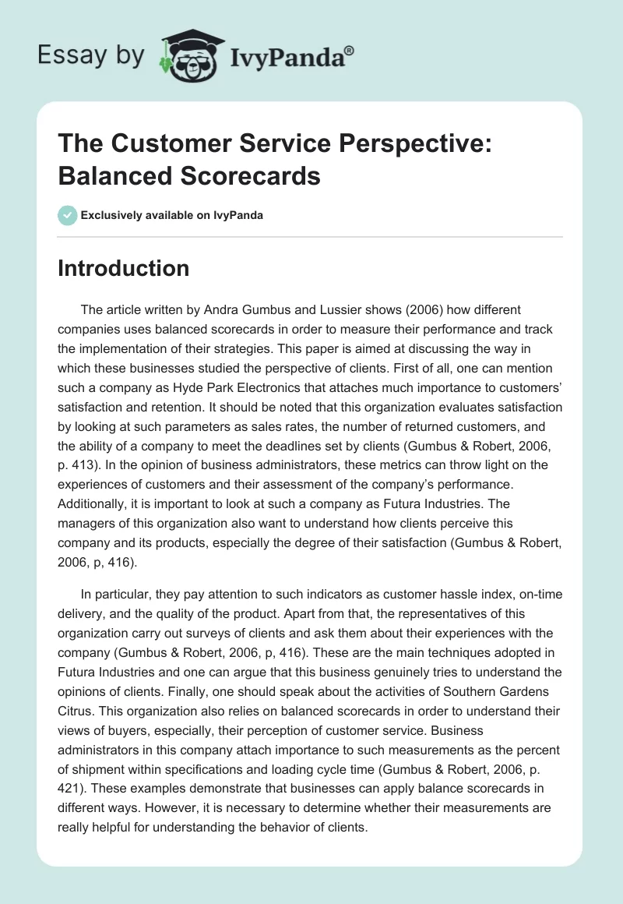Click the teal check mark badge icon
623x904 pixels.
click(x=67, y=215)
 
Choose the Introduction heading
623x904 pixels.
click(x=123, y=268)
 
